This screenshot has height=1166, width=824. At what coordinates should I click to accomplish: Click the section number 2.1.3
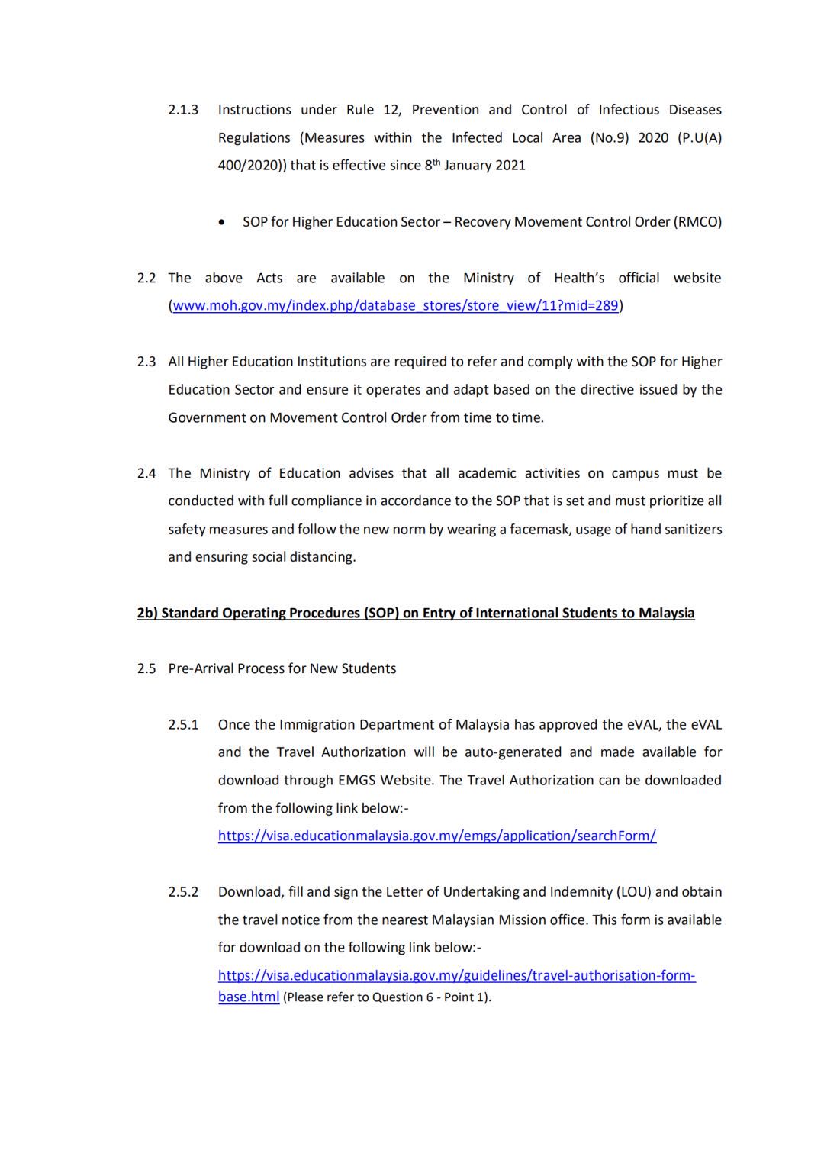pos(183,110)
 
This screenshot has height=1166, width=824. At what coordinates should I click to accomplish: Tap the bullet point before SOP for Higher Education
pos(221,223)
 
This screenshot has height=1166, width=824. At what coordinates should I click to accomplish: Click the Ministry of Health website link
pos(395,306)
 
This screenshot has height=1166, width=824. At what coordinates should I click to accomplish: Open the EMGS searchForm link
pos(436,836)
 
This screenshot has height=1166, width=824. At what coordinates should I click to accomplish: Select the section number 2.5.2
pos(183,892)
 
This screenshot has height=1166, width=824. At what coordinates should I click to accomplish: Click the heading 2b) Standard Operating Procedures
pos(416,613)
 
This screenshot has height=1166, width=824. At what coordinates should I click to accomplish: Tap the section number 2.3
pos(146,362)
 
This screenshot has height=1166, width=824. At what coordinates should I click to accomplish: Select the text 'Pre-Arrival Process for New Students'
pos(282,668)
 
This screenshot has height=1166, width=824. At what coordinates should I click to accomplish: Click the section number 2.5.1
pos(183,725)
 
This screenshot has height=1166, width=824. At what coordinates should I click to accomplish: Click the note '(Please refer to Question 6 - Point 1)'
pos(387,997)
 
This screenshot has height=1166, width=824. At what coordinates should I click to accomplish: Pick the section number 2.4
pos(146,473)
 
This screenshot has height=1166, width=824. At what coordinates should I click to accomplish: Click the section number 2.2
pos(146,279)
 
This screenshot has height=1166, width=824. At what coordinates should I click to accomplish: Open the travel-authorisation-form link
pos(456,976)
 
